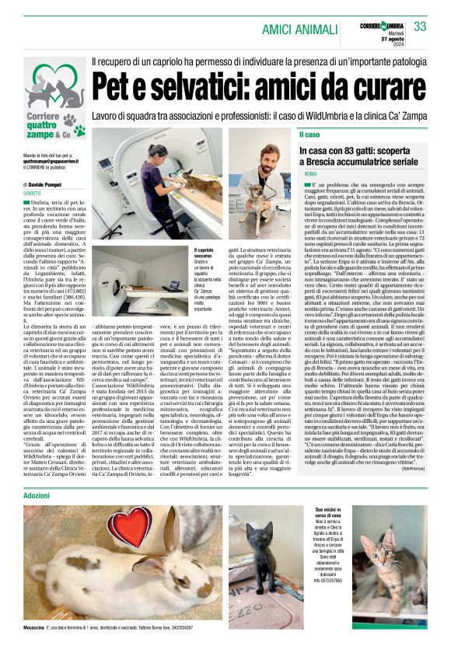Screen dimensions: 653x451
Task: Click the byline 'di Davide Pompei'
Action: [46, 185]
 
